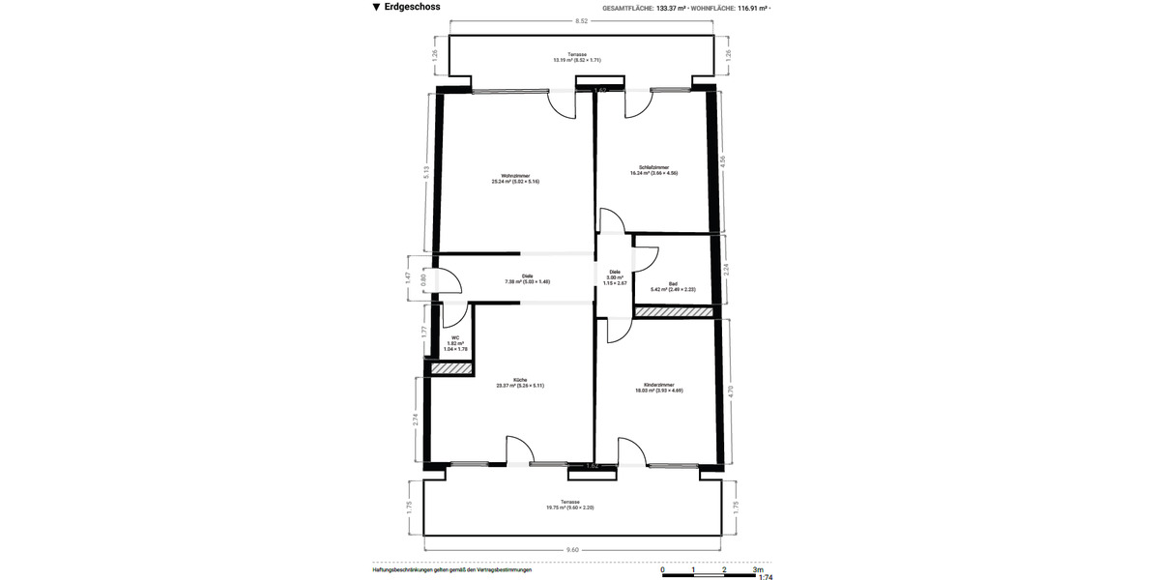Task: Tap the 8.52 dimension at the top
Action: click(581, 20)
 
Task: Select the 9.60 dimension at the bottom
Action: click(572, 549)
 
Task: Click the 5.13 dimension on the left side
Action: click(426, 171)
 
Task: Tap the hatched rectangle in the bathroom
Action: click(673, 312)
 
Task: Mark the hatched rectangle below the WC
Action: click(449, 369)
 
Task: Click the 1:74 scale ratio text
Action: click(766, 577)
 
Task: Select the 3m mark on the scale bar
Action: click(757, 570)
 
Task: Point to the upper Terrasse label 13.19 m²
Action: click(577, 57)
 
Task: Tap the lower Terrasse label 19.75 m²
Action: click(570, 505)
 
